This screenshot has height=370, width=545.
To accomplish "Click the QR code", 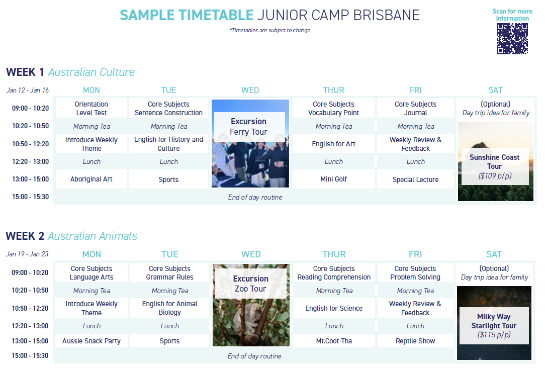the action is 512,39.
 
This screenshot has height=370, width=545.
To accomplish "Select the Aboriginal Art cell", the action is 92,179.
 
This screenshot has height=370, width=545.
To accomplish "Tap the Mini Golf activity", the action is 334,179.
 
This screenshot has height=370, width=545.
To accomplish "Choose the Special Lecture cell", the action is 415,179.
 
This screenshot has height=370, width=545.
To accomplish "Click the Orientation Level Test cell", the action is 92,109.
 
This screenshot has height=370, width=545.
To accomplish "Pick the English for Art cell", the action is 334,144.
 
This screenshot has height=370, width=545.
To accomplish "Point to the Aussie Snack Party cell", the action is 92,341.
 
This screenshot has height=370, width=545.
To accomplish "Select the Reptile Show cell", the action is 415,341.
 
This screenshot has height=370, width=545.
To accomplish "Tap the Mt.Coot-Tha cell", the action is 334,341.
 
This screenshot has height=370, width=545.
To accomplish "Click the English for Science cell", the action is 334,308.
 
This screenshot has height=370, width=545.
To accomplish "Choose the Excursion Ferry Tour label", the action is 249,127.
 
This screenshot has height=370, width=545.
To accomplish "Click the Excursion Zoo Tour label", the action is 250,284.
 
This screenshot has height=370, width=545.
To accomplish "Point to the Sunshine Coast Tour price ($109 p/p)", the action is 495,176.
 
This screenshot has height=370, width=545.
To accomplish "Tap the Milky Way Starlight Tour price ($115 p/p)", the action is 494,335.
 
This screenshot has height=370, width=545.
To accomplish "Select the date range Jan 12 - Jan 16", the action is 28,90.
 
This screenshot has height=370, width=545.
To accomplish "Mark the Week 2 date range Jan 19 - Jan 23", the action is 27,254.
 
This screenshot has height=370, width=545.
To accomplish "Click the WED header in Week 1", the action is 250,90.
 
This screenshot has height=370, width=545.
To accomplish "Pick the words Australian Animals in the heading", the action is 93,236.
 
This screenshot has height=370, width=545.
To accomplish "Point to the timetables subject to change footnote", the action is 270,30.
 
